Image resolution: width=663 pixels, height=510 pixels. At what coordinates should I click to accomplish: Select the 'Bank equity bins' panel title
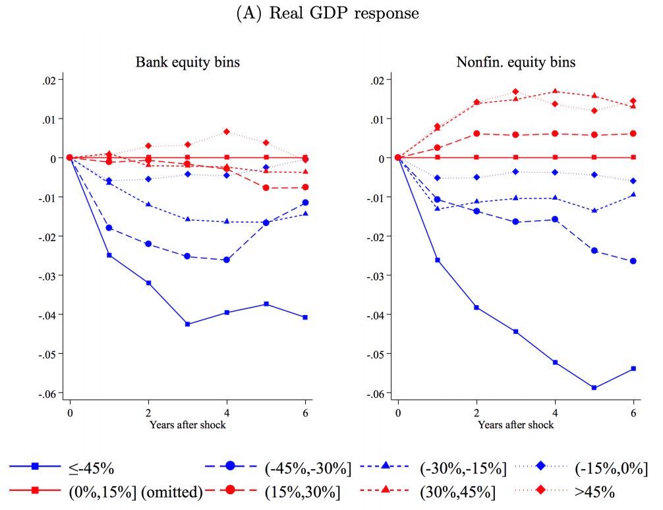[x=187, y=63]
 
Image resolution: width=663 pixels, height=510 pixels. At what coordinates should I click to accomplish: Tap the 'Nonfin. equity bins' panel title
[x=515, y=63]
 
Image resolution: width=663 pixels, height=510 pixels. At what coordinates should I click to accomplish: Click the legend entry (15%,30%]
[x=302, y=492]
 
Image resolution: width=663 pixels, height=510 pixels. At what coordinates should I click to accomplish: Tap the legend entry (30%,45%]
[x=457, y=492]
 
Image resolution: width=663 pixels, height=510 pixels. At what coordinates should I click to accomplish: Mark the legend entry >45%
[x=596, y=492]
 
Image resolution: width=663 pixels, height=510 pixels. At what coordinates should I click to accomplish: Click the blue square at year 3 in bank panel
[x=187, y=324]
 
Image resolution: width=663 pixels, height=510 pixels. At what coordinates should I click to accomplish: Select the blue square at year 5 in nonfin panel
[x=594, y=387]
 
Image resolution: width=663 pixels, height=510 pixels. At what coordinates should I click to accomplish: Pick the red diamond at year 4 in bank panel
[x=227, y=132]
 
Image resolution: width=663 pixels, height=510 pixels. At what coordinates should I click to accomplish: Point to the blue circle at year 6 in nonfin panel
[x=633, y=261]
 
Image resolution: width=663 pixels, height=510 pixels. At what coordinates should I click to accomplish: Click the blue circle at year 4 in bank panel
[x=227, y=260]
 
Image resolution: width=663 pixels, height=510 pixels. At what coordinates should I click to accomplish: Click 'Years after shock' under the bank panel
[x=187, y=425]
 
